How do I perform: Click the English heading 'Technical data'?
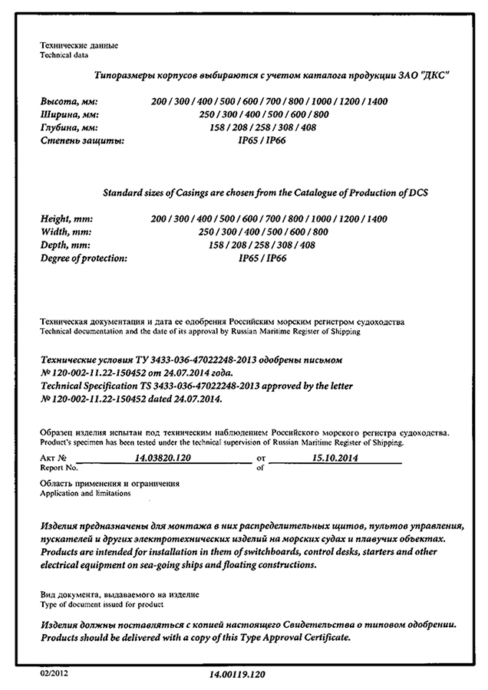[x=64, y=56]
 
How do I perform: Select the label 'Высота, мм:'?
[x=69, y=101]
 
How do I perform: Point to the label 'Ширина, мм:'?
[x=69, y=114]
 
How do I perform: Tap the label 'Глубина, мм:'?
[x=71, y=127]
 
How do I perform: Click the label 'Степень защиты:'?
[x=81, y=140]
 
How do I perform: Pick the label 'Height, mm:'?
[x=66, y=219]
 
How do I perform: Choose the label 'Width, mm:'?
[x=64, y=232]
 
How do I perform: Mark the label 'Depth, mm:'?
[x=65, y=245]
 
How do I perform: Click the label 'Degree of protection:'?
[x=84, y=258]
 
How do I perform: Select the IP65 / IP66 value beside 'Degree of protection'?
[x=262, y=258]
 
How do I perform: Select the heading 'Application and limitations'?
[x=85, y=494]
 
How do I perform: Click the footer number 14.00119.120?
[x=241, y=675]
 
